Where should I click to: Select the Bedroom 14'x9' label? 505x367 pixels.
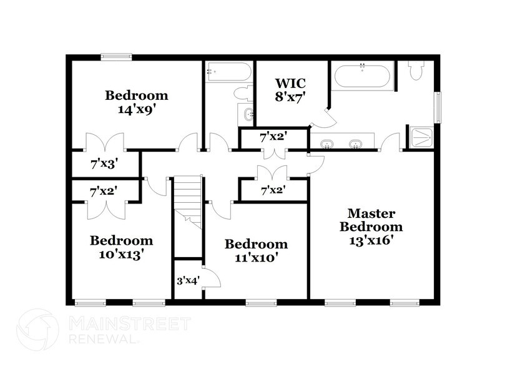136,102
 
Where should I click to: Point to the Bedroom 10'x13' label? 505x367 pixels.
121,247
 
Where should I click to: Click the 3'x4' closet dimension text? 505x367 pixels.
187,280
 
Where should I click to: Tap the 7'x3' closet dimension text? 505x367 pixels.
104,165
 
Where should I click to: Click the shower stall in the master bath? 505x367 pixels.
421,137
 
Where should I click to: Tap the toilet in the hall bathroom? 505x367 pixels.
242,94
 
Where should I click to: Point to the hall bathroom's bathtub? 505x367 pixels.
228,72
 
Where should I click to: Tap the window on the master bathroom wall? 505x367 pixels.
438,107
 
